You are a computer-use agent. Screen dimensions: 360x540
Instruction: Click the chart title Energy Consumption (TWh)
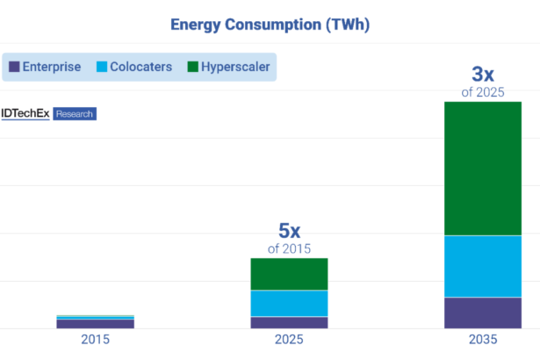click(270, 24)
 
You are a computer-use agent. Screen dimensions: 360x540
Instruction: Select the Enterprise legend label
click(52, 67)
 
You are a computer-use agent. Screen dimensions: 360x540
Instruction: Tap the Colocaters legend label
click(140, 67)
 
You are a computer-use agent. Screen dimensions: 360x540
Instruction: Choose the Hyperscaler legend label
click(234, 67)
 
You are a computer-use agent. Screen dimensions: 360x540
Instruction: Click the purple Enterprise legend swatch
click(14, 67)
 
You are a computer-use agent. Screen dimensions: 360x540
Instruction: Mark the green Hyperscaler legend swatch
click(193, 67)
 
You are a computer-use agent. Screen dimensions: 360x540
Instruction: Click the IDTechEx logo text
click(25, 113)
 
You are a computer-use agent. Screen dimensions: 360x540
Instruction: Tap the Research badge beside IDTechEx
click(75, 113)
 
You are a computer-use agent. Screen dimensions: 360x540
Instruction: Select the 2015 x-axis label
click(95, 340)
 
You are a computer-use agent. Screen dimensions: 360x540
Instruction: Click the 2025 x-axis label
click(289, 340)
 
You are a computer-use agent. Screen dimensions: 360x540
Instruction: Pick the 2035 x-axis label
click(483, 340)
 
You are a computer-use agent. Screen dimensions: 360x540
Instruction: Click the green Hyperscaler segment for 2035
click(483, 169)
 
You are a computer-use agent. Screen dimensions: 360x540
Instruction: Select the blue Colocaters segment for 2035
click(483, 266)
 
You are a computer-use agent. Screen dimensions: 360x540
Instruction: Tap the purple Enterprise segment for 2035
click(483, 313)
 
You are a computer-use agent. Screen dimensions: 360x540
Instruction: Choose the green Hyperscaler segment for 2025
click(289, 274)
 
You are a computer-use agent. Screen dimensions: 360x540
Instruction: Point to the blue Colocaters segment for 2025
click(289, 303)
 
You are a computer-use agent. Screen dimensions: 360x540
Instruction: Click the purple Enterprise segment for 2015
click(95, 323)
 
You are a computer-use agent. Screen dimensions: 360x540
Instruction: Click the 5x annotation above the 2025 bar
click(289, 231)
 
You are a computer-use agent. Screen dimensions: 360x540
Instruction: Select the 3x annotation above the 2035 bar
click(483, 73)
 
